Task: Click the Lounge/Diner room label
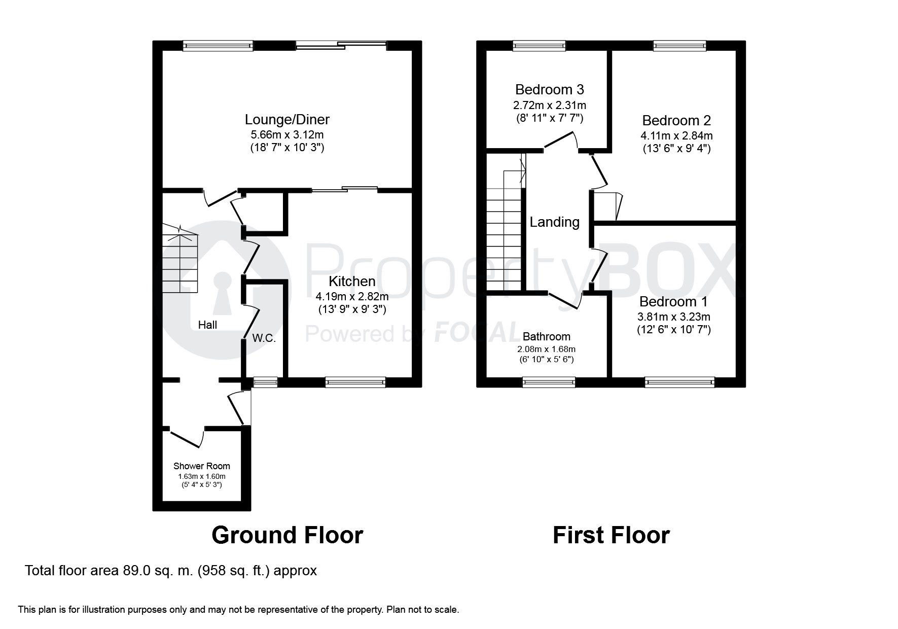(287, 120)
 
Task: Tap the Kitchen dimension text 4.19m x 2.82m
(352, 296)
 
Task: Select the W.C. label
(264, 338)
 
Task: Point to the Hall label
(207, 325)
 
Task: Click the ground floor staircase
(179, 262)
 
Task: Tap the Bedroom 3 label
(549, 90)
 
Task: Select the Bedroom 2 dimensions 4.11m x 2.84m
(676, 136)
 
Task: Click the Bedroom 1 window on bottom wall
(679, 382)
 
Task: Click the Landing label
(554, 222)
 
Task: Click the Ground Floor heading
(287, 535)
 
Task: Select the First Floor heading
(611, 535)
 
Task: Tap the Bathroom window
(549, 382)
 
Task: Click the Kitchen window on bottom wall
(355, 382)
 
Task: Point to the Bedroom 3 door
(560, 142)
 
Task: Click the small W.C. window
(265, 382)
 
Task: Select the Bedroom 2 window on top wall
(679, 46)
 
